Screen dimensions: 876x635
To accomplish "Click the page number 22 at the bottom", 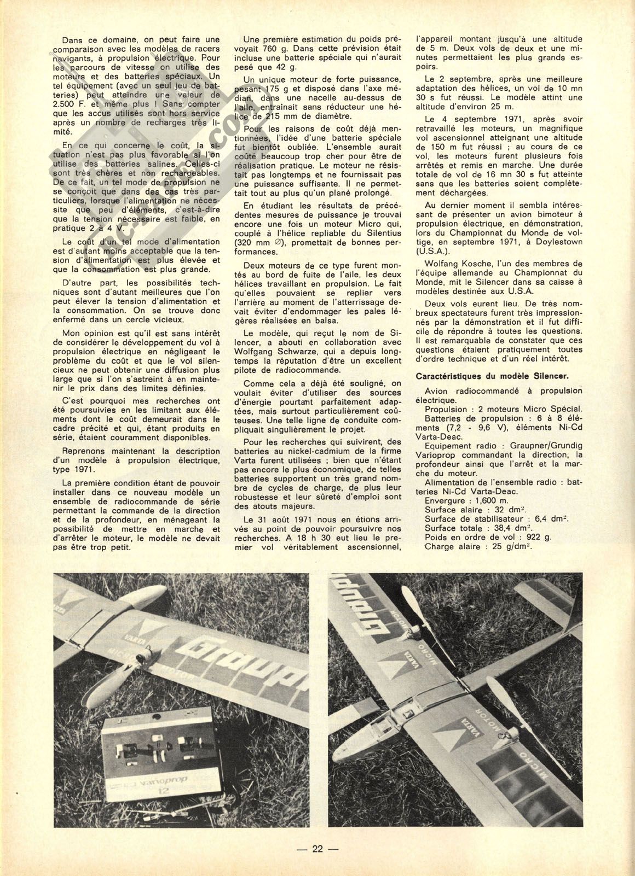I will [x=317, y=849].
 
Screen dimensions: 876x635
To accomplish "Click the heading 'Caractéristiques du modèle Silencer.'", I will [x=492, y=376].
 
